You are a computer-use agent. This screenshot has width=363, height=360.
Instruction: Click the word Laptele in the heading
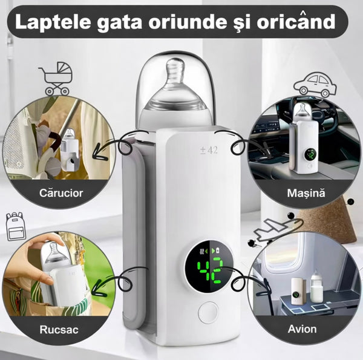pos(53,22)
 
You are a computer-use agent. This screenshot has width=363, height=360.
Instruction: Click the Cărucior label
pos(61,193)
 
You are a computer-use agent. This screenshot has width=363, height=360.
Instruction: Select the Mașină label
pos(306,193)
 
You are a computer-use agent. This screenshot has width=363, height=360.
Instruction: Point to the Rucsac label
pos(59,329)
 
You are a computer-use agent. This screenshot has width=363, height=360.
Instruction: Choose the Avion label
pos(302,329)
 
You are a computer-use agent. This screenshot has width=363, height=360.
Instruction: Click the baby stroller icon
pos(56,79)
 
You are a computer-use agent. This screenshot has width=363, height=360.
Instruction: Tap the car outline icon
pos(315,85)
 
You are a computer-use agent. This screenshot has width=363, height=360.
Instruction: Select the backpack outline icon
pos(16,226)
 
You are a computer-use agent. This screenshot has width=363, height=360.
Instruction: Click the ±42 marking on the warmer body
pos(209,150)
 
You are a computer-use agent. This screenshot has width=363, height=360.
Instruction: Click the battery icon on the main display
pos(218,250)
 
